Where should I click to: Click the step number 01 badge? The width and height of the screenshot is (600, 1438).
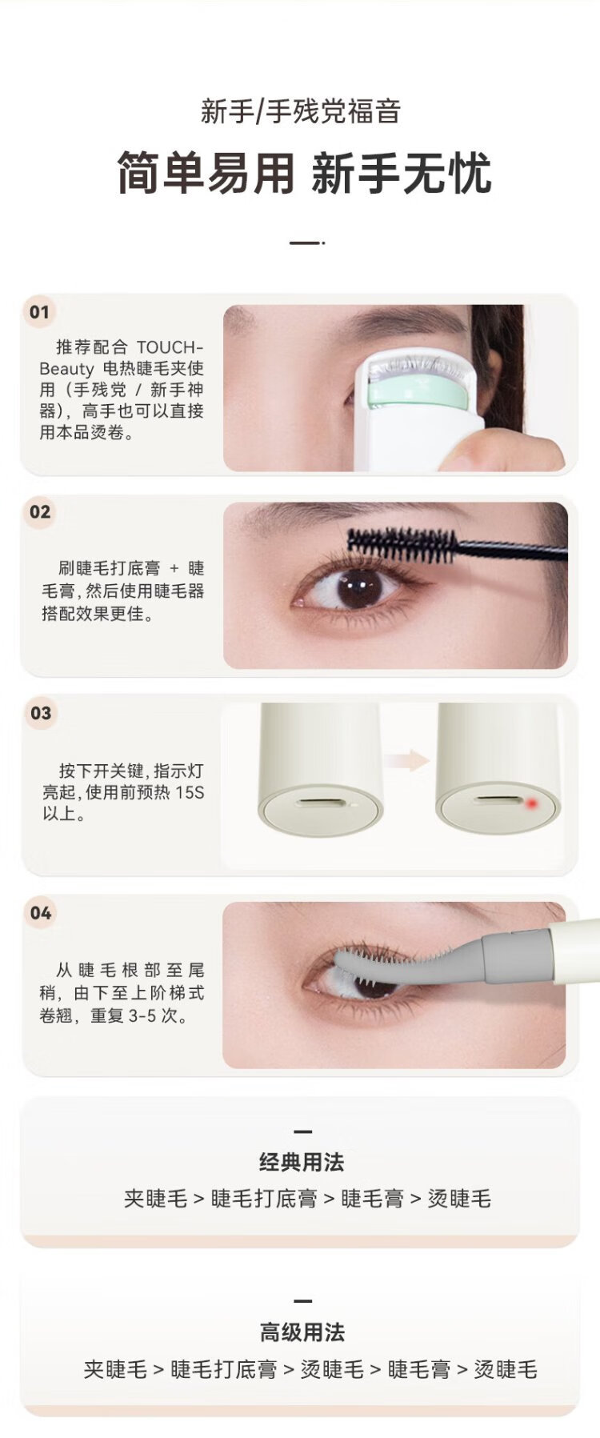pos(39,312)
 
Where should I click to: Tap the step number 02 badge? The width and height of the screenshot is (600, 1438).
pos(39,512)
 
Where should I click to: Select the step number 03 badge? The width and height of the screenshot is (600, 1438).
pos(40,713)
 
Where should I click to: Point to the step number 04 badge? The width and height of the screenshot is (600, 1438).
pos(40,913)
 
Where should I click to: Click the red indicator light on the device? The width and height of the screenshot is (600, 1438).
pos(532,803)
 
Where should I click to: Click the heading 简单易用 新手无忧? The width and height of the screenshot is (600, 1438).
pos(303,173)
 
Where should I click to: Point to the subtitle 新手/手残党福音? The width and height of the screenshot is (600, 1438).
pos(300,111)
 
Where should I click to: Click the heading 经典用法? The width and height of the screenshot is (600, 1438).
pos(302,1162)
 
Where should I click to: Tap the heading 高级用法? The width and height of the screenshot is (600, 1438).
pos(302,1332)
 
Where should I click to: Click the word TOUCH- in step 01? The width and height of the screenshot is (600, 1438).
pos(170,347)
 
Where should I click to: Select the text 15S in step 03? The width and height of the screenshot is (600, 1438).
pos(190,792)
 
